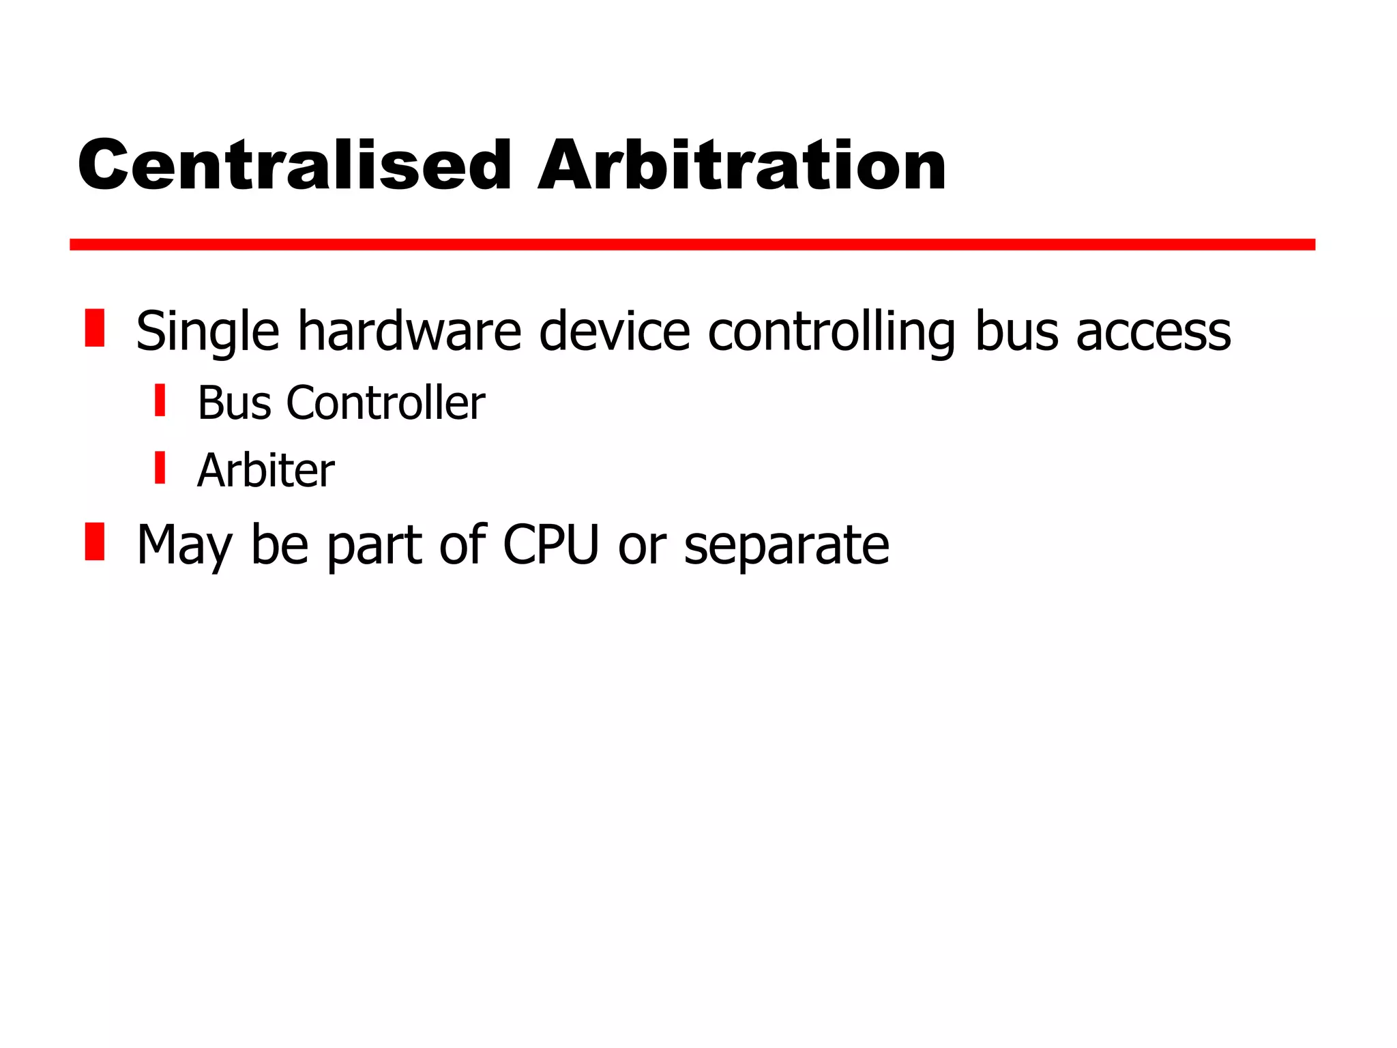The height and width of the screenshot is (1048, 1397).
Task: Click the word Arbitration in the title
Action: click(x=742, y=165)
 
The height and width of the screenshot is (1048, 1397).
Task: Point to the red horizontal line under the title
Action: click(x=692, y=244)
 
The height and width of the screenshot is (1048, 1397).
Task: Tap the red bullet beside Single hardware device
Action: click(x=95, y=328)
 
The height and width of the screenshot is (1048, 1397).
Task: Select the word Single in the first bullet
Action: click(x=208, y=332)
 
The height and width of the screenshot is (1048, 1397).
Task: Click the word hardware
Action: click(x=410, y=331)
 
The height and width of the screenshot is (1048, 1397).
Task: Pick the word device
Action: click(x=615, y=331)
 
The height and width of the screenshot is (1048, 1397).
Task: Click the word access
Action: click(x=1153, y=332)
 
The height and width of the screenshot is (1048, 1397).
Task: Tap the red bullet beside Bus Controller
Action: click(x=160, y=400)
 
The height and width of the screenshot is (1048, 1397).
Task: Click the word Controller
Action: click(x=385, y=403)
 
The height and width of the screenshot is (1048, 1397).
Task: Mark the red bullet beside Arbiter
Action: click(x=160, y=467)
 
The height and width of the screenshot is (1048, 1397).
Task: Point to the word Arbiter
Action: click(x=266, y=470)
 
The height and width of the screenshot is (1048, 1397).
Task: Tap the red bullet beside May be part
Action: click(x=95, y=542)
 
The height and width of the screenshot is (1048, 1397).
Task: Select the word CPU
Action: click(x=550, y=544)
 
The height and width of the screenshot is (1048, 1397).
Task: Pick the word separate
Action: click(x=786, y=546)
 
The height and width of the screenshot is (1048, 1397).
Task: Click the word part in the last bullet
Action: click(x=374, y=546)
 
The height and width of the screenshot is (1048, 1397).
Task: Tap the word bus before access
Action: click(x=1016, y=331)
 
